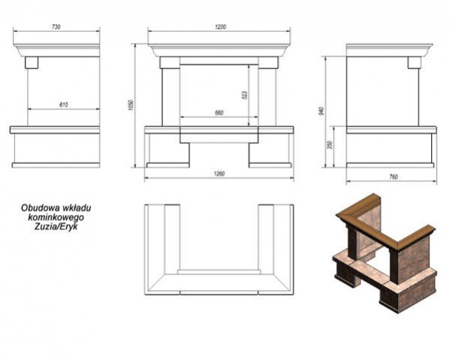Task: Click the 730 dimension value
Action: click(x=56, y=27)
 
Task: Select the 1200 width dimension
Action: click(x=220, y=27)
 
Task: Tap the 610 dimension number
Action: click(x=64, y=104)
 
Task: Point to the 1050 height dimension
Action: click(x=131, y=106)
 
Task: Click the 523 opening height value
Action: click(x=244, y=95)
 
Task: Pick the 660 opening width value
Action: click(x=219, y=113)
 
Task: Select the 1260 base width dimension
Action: click(x=219, y=174)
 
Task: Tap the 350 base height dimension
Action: click(x=330, y=144)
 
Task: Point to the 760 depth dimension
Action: click(x=394, y=177)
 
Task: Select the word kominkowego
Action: click(x=56, y=217)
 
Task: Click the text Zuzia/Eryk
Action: click(x=56, y=227)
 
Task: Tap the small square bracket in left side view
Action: click(x=32, y=62)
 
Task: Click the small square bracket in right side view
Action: click(x=415, y=62)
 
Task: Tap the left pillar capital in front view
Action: click(x=170, y=62)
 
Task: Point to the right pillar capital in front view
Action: click(x=268, y=62)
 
